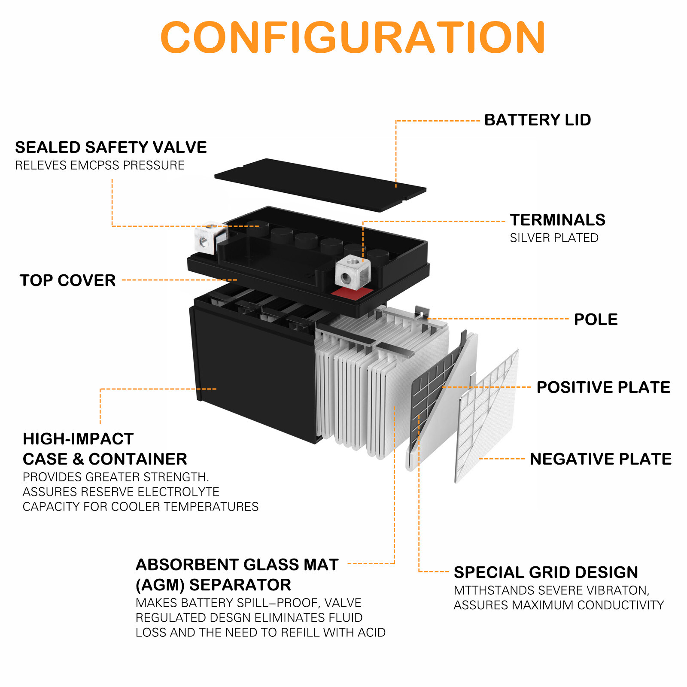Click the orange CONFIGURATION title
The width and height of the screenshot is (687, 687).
352,38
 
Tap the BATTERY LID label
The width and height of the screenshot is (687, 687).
537,120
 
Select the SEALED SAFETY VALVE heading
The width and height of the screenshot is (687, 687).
111,147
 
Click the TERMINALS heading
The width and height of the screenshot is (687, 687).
557,220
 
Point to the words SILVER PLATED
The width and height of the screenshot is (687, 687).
554,238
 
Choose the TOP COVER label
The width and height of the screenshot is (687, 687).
67,280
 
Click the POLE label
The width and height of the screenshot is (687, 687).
596,319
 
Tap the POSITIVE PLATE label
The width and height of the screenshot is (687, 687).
603,387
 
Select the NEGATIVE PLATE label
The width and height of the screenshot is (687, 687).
600,459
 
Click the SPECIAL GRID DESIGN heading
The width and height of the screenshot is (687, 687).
545,572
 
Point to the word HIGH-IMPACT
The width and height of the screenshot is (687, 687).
78,439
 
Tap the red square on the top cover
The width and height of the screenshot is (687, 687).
351,294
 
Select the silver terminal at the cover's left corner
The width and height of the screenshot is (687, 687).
208,238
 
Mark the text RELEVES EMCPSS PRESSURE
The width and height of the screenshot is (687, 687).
100,165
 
